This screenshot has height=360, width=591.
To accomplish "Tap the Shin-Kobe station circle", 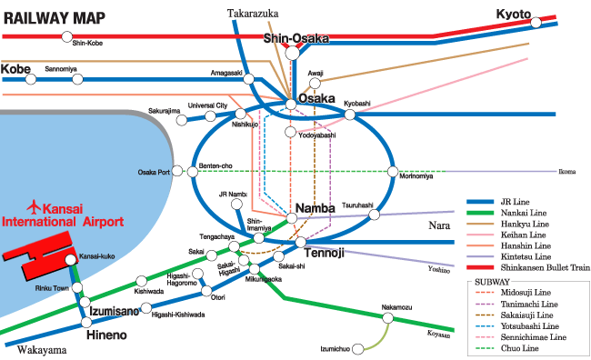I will [x=65, y=36].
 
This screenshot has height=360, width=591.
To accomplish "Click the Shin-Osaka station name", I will [x=295, y=37].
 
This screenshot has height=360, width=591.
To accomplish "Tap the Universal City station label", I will [x=207, y=105].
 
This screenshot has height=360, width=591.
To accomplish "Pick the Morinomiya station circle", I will [x=393, y=171].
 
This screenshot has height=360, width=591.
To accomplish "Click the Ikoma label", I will [x=566, y=171].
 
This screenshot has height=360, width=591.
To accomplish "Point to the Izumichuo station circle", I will [x=359, y=347].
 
